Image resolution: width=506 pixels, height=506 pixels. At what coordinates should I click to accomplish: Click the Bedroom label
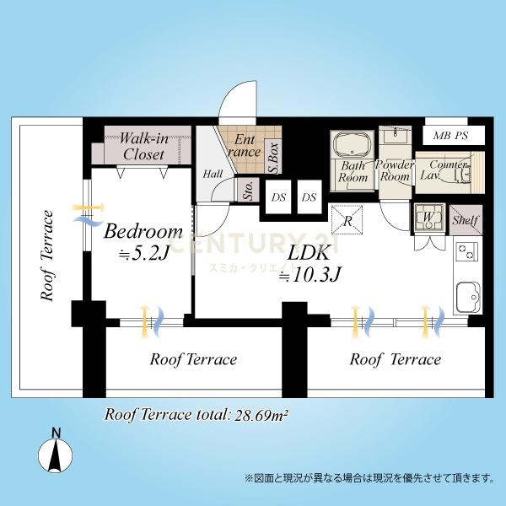click(143, 231)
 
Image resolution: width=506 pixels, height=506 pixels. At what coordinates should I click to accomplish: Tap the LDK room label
click(309, 253)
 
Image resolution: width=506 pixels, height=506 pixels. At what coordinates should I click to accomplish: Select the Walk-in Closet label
click(144, 147)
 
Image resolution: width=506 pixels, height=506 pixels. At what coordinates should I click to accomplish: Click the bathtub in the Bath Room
click(352, 144)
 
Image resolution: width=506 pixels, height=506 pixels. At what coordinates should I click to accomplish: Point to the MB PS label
click(450, 136)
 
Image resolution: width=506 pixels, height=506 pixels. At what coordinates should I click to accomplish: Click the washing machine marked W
click(428, 217)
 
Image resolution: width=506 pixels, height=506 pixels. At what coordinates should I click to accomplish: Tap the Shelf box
click(466, 220)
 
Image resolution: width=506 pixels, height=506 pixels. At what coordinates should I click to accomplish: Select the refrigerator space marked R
click(347, 219)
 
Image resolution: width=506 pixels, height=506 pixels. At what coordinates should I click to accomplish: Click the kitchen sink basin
click(468, 297)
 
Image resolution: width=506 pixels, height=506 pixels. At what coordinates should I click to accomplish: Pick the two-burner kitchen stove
click(466, 251)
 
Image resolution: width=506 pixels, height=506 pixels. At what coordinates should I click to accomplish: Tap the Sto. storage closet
click(248, 190)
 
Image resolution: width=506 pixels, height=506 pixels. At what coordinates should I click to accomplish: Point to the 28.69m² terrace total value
click(261, 415)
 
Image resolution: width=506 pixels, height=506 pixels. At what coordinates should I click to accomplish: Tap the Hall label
click(213, 174)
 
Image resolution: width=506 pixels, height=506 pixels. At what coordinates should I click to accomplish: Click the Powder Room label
click(395, 170)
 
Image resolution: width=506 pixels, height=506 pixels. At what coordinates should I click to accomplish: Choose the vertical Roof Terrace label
click(46, 256)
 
